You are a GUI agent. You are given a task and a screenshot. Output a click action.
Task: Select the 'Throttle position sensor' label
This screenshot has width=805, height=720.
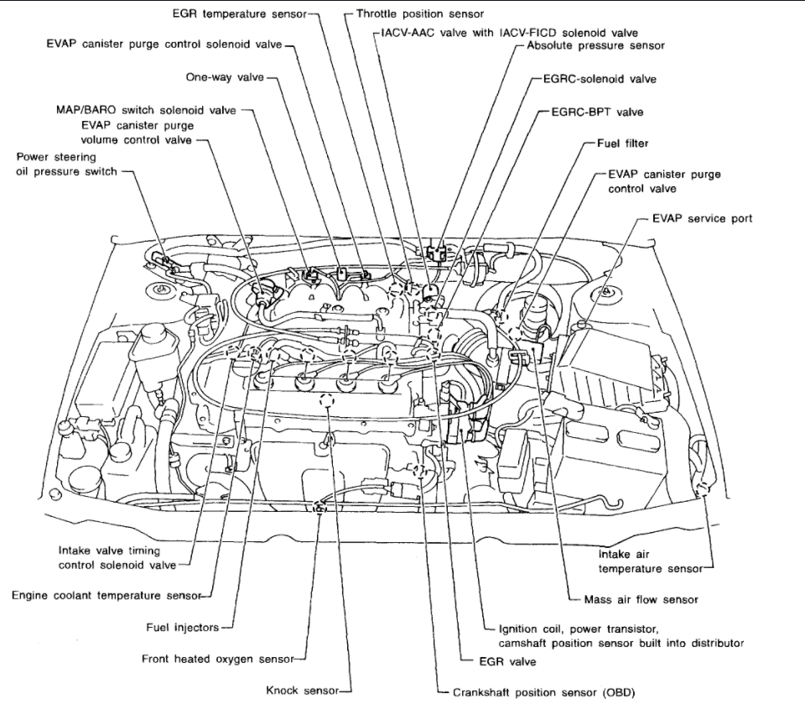419,14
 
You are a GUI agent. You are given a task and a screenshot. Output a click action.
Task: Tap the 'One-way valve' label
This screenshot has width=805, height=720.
224,77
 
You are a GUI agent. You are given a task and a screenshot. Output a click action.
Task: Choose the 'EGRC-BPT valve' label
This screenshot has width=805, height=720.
597,111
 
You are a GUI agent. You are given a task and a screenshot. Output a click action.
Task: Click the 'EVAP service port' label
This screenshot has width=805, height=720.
702,218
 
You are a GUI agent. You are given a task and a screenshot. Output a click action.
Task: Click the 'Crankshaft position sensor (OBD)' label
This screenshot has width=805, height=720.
543,692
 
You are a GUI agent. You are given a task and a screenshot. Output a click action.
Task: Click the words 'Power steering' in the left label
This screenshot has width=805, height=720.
55,156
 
